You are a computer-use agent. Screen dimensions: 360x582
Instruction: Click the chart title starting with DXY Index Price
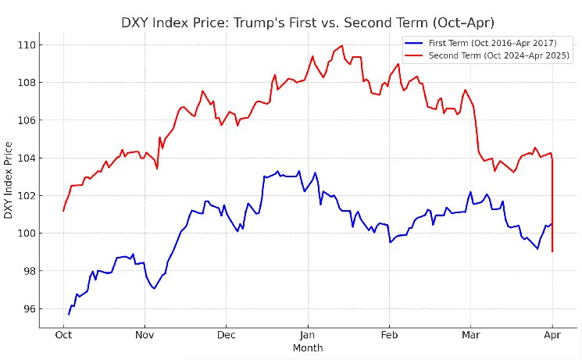[x=308, y=22]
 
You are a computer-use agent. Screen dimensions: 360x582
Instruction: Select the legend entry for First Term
[x=480, y=41]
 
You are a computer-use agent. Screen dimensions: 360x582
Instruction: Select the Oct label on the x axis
[x=63, y=336]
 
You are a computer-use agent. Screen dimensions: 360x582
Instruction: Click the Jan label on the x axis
[x=307, y=336]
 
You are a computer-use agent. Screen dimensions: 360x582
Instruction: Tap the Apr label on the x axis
[x=552, y=336]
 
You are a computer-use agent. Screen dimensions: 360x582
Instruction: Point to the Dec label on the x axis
[x=226, y=336]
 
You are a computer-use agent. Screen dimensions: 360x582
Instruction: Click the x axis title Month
[x=308, y=348]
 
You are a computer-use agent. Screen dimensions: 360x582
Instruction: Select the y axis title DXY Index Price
[x=9, y=180]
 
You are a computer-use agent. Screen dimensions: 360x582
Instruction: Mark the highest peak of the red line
[x=342, y=45]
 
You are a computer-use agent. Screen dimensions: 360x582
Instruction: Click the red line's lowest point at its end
[x=552, y=251]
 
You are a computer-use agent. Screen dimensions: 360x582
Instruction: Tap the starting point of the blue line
[x=69, y=314]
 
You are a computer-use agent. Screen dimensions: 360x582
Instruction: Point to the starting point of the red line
[x=63, y=211]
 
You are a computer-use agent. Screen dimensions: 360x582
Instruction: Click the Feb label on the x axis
[x=389, y=336]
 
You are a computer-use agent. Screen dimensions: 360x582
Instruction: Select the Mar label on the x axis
[x=471, y=336]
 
